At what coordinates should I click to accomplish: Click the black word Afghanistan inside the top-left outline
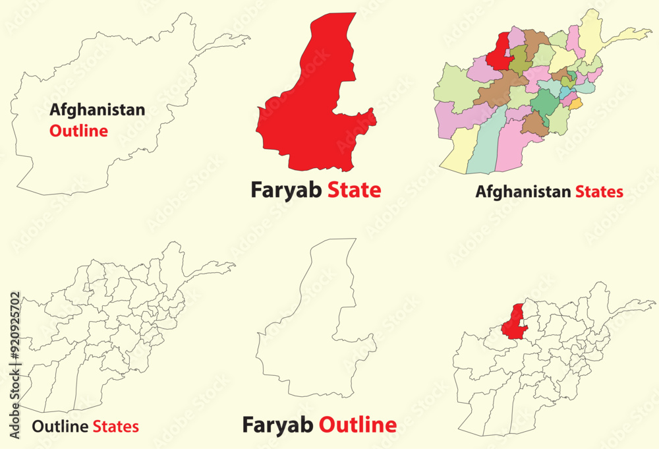click(97, 110)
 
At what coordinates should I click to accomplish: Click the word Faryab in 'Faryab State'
click(285, 191)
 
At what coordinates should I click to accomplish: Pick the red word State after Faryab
click(355, 191)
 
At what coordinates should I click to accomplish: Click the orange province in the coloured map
click(575, 104)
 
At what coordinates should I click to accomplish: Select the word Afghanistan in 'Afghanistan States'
click(523, 193)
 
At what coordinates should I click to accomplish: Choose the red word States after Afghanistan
click(599, 193)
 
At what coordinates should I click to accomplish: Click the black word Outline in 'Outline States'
click(61, 427)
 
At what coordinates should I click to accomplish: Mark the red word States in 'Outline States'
click(115, 427)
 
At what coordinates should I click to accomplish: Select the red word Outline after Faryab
click(358, 425)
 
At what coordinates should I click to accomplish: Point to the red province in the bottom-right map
click(512, 323)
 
